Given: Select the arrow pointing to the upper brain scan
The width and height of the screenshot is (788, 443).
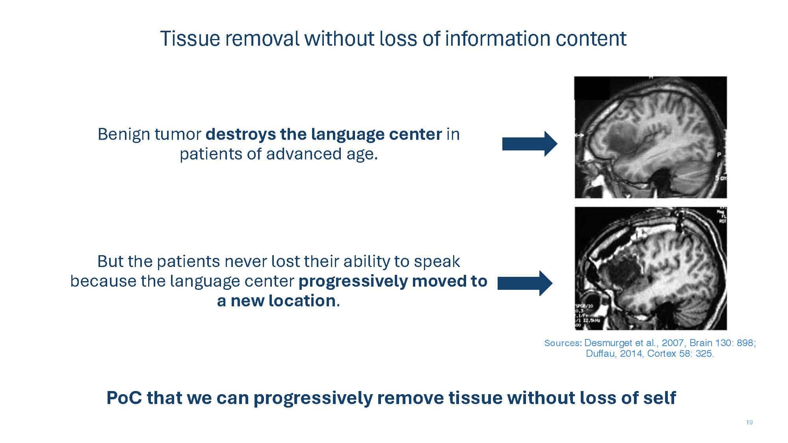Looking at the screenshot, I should click(530, 144).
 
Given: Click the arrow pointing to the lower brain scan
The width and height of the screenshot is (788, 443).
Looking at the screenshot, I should click(525, 283).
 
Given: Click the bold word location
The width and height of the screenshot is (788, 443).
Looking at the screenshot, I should click(302, 301).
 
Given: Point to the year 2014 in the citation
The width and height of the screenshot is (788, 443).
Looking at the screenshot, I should click(632, 354).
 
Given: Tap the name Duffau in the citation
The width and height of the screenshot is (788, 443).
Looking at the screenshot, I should click(601, 354).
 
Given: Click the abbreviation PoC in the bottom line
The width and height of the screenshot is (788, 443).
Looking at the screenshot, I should click(124, 398).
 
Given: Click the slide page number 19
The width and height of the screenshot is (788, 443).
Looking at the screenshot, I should click(749, 423).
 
